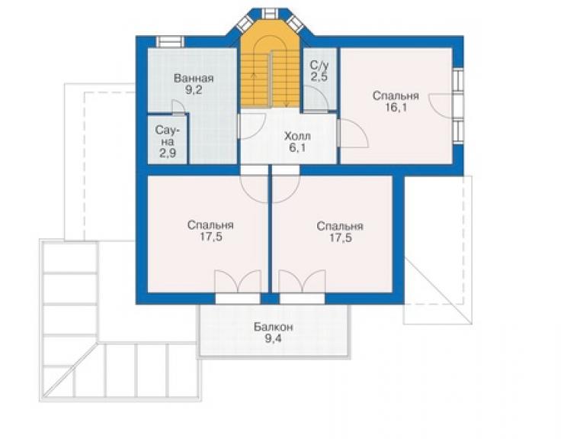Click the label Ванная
coord(194,78)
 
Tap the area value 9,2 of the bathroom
coord(194,90)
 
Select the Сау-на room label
coord(168,136)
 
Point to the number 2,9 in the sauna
coord(168,153)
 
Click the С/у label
coord(319,65)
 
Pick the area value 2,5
coord(319,77)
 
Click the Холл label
coord(297,136)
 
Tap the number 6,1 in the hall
coord(297,148)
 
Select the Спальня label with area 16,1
coord(396,96)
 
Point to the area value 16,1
coord(396,108)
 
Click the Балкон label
coord(274,327)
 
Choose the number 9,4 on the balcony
coord(274,338)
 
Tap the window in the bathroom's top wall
coord(170,42)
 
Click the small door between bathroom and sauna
coord(178,107)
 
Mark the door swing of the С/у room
coord(315,99)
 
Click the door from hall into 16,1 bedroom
coord(353,134)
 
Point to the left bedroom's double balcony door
coord(238,282)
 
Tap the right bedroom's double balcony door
coord(302,282)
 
